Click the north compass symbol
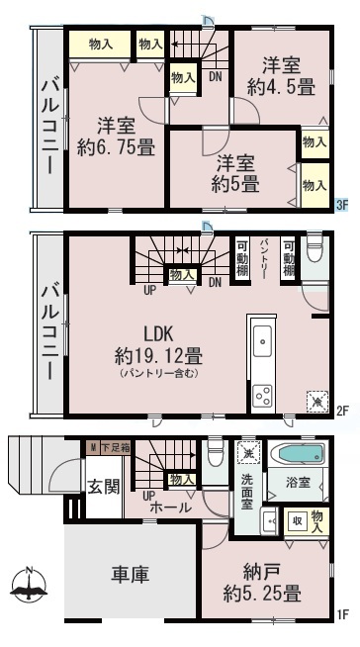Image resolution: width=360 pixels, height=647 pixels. [29, 585]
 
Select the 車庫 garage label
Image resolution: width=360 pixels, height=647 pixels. [130, 574]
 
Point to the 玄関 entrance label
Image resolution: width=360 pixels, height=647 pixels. [103, 488]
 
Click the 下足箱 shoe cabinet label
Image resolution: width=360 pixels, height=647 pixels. [115, 448]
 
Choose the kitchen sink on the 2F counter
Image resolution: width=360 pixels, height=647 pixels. [262, 341]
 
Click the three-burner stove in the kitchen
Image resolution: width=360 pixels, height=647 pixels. [262, 396]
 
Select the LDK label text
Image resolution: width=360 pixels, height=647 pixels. [158, 334]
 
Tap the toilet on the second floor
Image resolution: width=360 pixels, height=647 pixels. [314, 249]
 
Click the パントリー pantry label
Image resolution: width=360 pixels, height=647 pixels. [264, 258]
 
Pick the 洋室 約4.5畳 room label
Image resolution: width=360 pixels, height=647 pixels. [282, 77]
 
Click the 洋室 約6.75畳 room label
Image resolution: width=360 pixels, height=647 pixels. [116, 137]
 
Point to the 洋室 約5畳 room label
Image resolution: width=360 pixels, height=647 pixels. [235, 174]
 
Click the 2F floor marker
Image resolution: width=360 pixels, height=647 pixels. [342, 411]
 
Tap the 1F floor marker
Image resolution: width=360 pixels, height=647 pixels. [342, 614]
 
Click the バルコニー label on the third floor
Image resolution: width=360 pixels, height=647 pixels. [50, 127]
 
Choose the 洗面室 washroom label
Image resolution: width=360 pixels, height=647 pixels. [247, 491]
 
